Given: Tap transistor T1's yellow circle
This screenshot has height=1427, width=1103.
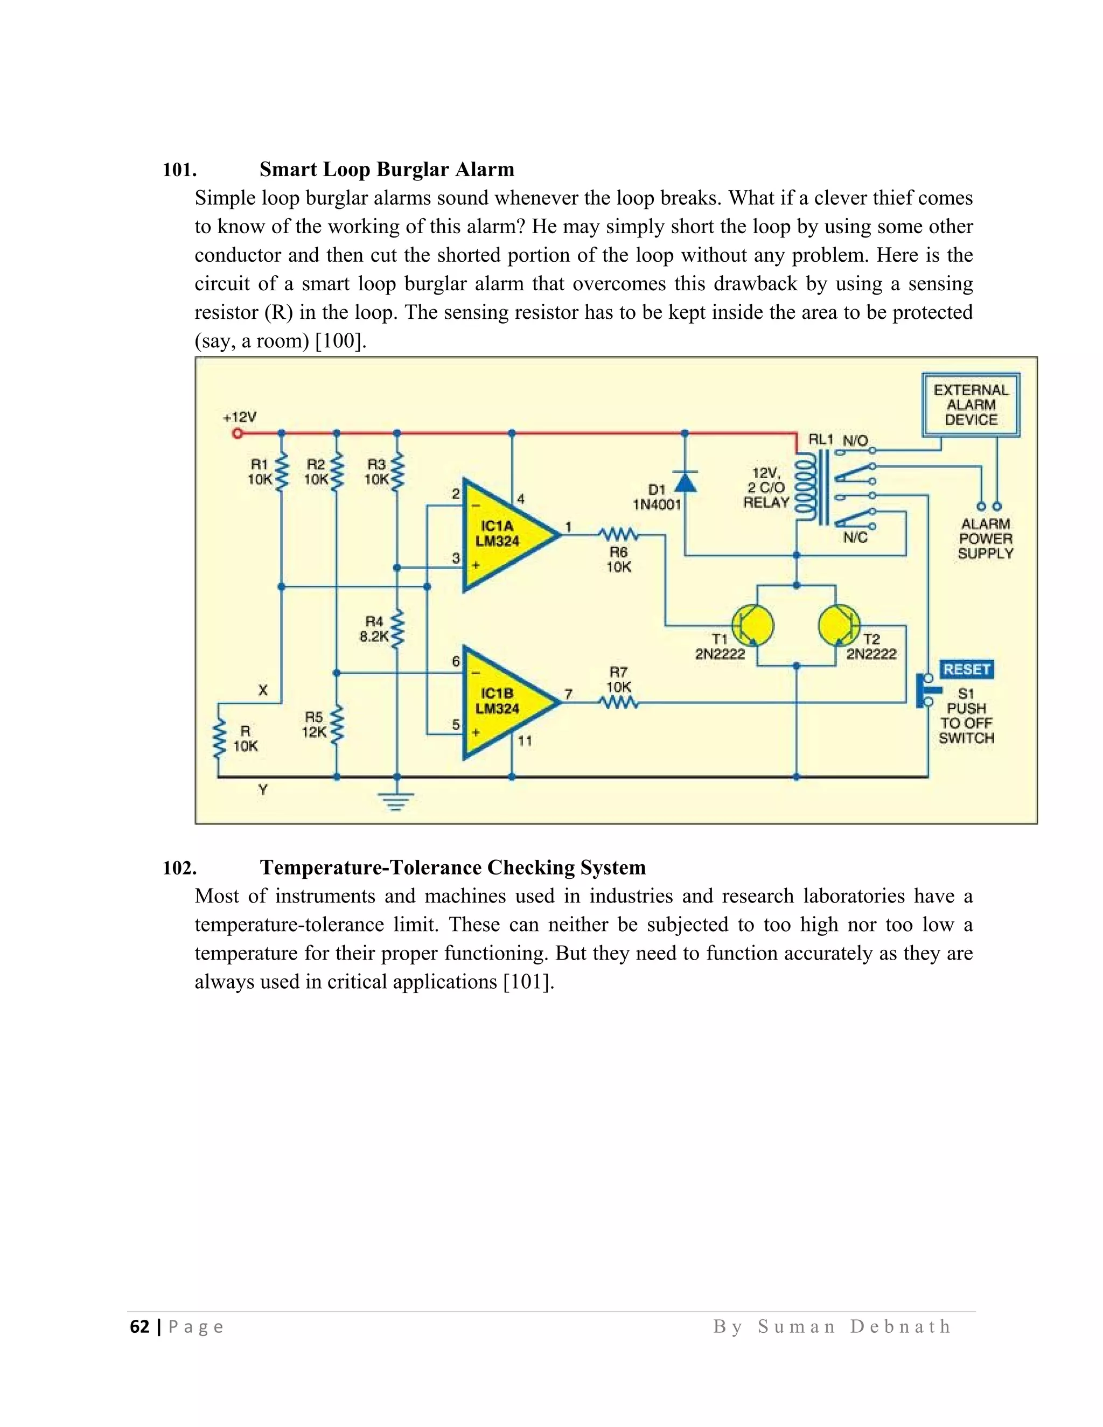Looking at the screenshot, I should (752, 625).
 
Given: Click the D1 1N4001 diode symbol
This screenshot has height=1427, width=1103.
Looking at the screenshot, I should (685, 481).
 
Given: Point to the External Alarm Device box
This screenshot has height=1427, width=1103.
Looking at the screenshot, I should (971, 405).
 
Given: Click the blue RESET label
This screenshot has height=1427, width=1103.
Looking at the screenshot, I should (966, 669).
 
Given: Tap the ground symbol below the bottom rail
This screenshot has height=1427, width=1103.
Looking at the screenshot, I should (396, 800).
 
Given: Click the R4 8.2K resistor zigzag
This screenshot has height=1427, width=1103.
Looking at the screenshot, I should (396, 628).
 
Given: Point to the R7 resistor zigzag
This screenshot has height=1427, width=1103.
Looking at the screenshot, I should (618, 703).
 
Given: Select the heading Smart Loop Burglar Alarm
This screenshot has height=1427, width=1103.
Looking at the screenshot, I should (387, 169).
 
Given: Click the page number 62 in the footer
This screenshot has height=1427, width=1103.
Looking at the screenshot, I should (140, 1326).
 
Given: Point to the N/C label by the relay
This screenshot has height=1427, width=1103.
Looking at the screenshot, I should (855, 537).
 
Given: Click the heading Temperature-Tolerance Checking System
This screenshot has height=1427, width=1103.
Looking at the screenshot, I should (452, 867).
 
